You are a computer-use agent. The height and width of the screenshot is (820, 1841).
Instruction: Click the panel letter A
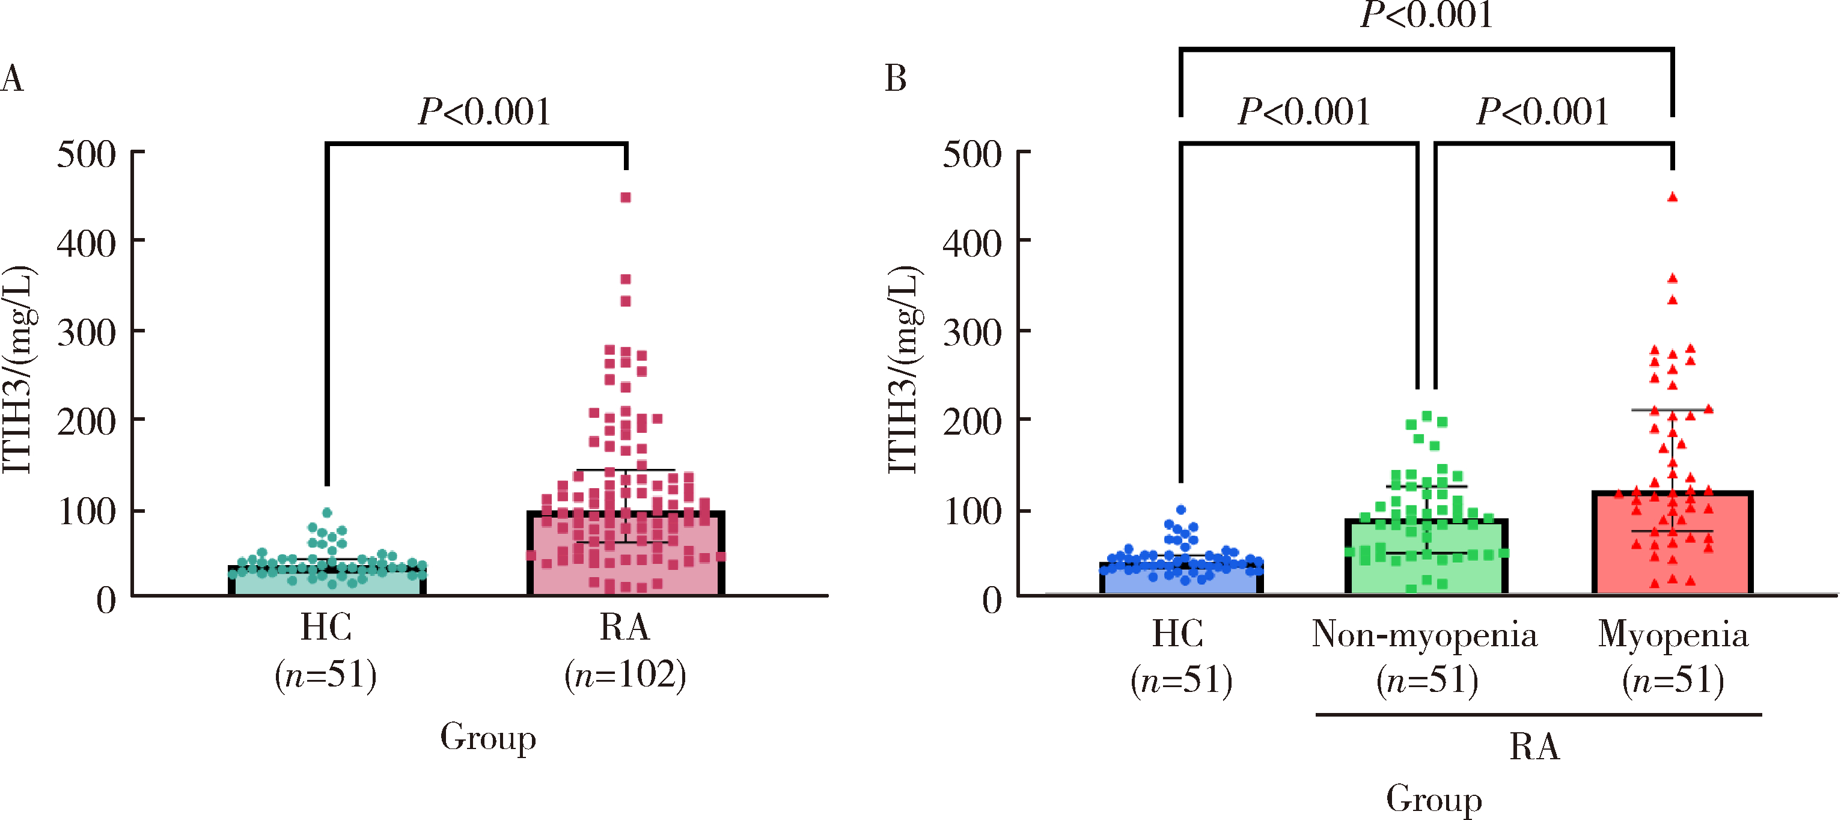tap(12, 79)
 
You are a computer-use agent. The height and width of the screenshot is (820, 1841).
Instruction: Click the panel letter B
tap(896, 79)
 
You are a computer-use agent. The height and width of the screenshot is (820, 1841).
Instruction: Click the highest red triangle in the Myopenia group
tap(1672, 197)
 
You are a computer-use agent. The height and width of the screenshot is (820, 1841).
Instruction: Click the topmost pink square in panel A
tap(625, 197)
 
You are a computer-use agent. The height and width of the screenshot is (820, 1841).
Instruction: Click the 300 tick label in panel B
tap(972, 332)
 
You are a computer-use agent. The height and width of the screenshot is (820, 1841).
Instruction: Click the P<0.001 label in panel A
tap(484, 112)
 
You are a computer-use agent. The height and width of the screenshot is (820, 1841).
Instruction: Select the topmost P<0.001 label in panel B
tap(1426, 16)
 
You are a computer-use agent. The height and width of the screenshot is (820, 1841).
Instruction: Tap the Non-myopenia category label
tap(1424, 634)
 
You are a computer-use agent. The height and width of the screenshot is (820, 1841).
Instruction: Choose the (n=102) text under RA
tap(625, 675)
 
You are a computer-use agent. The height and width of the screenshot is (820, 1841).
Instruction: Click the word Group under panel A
tap(488, 737)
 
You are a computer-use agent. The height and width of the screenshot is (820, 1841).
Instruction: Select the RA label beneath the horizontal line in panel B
tap(1534, 747)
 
